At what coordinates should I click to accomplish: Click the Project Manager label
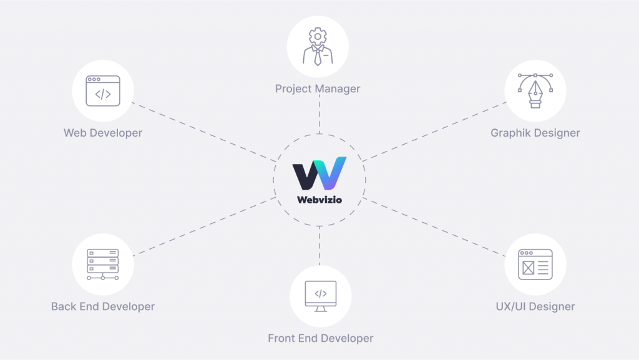pos(318,89)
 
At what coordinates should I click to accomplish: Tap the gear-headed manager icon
pos(318,46)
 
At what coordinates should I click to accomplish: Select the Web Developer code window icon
pos(103,91)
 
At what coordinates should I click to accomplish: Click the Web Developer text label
pos(103,133)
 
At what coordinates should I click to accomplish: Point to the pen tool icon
pos(535,90)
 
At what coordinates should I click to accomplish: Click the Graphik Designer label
pos(535,133)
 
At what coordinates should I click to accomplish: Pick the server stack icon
pos(103,265)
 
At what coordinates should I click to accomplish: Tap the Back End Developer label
pos(103,306)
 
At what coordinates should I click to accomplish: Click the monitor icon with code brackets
pos(321,296)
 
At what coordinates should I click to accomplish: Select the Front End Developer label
pos(321,338)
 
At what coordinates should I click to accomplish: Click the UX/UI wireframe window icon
pos(535,265)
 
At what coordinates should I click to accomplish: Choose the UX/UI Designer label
pos(535,306)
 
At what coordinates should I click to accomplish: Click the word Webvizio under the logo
pos(319,200)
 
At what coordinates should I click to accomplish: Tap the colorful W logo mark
pos(319,173)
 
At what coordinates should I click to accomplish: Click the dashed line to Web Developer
pos(204,132)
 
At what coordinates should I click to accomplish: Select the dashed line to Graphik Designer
pos(434,132)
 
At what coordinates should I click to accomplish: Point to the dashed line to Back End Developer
pos(205,226)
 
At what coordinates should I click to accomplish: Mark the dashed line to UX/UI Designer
pos(434,227)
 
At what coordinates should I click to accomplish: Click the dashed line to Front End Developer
pos(319,246)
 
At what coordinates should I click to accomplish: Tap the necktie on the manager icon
pos(318,57)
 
